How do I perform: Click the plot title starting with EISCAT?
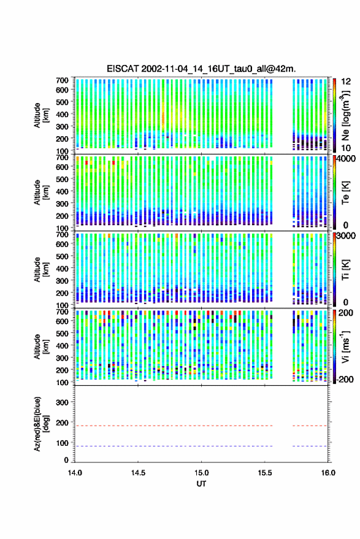coord(201,69)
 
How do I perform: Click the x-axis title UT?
coord(201,484)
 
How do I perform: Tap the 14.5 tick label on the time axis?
coord(138,473)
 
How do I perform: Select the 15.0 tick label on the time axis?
coord(202,473)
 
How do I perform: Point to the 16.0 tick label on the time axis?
coord(328,473)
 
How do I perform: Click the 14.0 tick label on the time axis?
coord(75,473)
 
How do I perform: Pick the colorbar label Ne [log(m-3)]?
coord(345,115)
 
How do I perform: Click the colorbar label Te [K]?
coord(345,193)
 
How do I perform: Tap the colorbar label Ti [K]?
coord(345,270)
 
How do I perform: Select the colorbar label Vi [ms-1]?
coord(345,347)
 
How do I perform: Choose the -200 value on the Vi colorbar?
coord(345,380)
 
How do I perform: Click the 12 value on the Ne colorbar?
coord(347,82)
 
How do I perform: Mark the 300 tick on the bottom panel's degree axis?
coord(62,402)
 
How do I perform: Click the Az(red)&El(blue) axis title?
coord(40,424)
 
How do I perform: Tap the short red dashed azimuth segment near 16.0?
coord(310,426)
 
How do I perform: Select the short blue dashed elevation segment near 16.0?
coord(310,446)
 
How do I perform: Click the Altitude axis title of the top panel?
coord(41,115)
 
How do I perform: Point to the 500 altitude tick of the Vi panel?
coord(62,333)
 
